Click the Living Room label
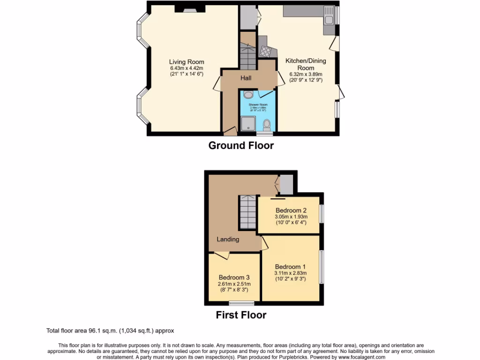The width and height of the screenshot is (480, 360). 187,62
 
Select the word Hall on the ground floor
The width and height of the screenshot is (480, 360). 247,78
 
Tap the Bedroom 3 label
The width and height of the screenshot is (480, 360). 234,277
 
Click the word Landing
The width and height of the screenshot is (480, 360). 228,240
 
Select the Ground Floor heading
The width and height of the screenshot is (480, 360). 241,145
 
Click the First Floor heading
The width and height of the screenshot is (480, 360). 241,315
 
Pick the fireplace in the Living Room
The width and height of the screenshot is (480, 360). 190,8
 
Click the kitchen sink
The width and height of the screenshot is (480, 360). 329,19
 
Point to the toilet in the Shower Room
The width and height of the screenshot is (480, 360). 267,125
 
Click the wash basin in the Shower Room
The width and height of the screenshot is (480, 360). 248,95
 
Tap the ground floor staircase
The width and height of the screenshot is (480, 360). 247,52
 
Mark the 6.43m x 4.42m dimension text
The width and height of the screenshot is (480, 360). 187,68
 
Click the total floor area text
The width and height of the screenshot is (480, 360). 111,330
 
